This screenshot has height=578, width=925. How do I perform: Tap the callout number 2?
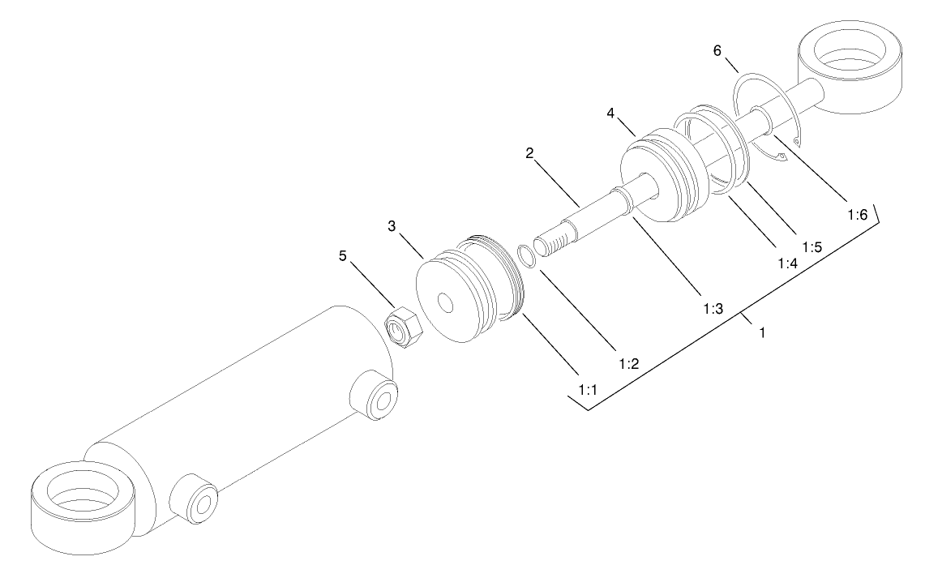coord(529,153)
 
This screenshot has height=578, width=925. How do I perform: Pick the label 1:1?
coord(588,391)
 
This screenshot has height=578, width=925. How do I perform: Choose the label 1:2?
coord(629,364)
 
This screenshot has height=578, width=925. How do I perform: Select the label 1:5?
coord(811,246)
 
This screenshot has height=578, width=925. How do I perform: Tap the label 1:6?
coord(858,215)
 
